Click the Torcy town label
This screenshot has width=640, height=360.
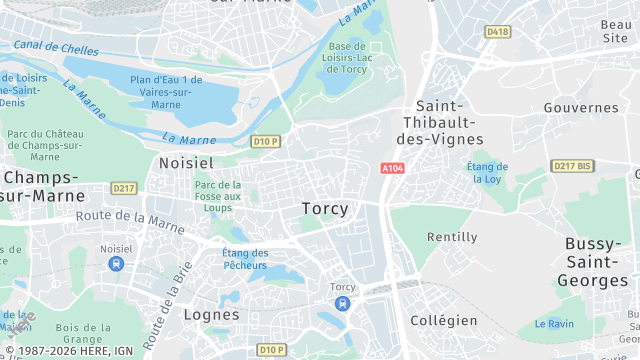[x=325, y=209]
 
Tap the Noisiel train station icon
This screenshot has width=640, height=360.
[x=116, y=263]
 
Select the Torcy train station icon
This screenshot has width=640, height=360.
[x=343, y=303]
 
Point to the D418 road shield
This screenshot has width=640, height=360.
[x=497, y=32]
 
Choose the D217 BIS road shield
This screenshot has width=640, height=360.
[x=572, y=166]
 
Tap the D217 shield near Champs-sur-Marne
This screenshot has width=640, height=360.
[x=124, y=188]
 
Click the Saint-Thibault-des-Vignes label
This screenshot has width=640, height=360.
[x=450, y=122]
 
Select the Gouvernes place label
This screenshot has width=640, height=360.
[x=581, y=107]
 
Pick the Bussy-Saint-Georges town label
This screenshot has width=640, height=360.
[x=596, y=262]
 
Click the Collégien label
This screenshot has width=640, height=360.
[x=444, y=320]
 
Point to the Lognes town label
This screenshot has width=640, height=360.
[x=212, y=314]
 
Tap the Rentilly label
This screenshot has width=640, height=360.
[x=452, y=237]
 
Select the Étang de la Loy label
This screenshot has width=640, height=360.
[x=487, y=174]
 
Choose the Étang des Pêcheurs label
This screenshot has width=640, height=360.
[x=245, y=259]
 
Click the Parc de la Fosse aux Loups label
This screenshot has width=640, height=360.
[x=218, y=196]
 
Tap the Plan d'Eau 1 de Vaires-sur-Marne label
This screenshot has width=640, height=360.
[x=166, y=92]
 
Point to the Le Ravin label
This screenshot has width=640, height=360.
[x=555, y=323]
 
